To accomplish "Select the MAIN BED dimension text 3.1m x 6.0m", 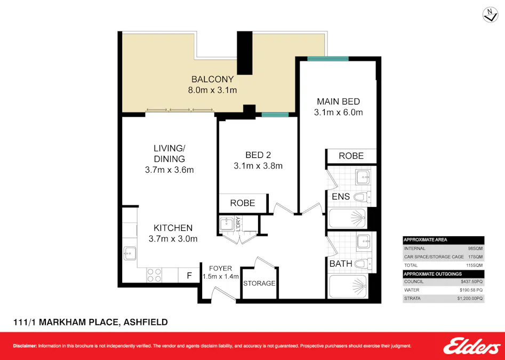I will [x=338, y=113].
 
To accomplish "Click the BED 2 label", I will [x=254, y=155].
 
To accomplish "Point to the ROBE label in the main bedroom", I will [x=351, y=156].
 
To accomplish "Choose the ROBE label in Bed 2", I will [x=242, y=203].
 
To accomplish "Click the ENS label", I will [x=340, y=197].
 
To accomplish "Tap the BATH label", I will [x=341, y=263].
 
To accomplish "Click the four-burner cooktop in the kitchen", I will [x=154, y=275].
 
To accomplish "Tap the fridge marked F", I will [x=189, y=276].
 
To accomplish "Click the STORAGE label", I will [x=259, y=283].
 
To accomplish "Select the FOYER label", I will [x=220, y=268].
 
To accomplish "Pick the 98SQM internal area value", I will [x=475, y=248].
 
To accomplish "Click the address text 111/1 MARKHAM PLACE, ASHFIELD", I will [x=90, y=322].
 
